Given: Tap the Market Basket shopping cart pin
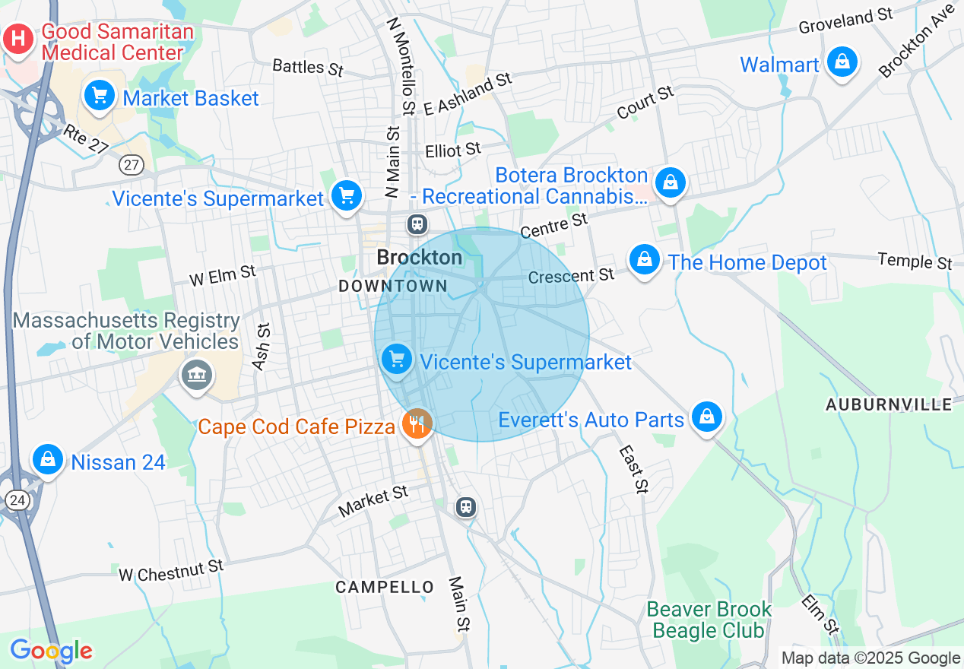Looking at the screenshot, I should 99,97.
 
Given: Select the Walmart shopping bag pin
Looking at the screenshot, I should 842,63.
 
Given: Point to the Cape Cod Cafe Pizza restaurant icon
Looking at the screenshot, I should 416,424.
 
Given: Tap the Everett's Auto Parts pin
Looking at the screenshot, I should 707,417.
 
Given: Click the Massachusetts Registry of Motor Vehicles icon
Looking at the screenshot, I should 196,375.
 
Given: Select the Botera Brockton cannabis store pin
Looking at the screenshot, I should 670,183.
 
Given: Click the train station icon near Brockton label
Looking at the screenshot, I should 417,224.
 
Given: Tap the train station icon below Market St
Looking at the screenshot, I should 466,506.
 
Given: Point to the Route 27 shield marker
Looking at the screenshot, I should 132,164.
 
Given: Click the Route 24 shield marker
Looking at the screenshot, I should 16,499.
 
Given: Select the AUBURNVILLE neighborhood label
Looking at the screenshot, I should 889,404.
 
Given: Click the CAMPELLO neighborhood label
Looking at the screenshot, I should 385,587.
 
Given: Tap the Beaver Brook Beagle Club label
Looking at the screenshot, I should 708,620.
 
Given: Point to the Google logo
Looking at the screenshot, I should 51,651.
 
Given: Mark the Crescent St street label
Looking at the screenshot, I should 571,275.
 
